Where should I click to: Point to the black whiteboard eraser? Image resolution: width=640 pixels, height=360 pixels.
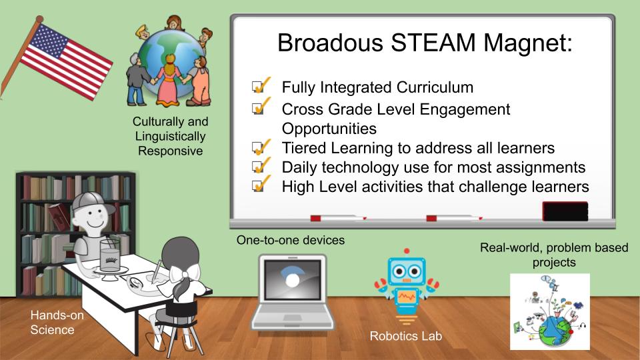565,211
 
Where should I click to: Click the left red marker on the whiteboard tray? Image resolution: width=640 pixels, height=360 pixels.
337,217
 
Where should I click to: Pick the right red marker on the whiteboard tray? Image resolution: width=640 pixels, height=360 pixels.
454,217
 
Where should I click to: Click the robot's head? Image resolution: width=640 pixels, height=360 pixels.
406,271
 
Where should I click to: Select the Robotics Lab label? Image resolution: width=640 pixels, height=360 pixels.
405,336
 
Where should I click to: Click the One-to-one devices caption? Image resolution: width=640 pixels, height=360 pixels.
291,239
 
